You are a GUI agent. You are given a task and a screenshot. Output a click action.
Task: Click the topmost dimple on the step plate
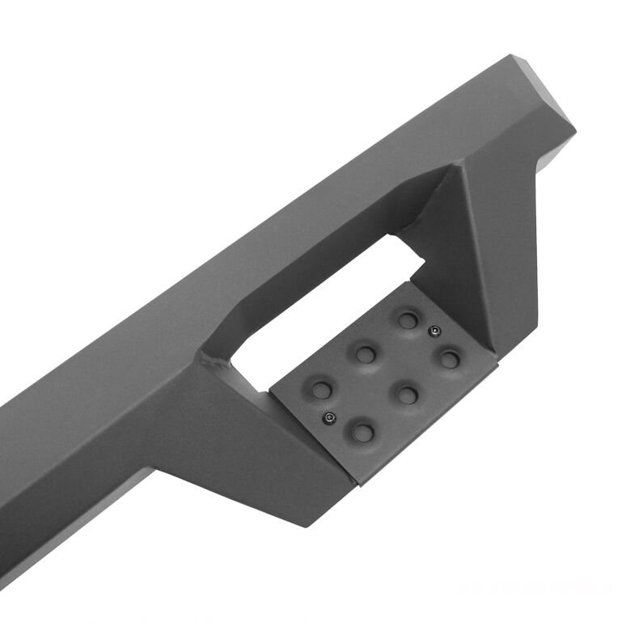pos(408,320)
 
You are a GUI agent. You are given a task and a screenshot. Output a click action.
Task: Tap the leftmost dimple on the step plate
pos(322,390)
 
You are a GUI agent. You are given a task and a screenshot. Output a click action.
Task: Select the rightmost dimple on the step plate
pos(450,358)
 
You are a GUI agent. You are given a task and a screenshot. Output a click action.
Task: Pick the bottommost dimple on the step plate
pos(363,432)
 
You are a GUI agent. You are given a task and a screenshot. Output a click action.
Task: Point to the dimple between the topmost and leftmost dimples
pos(366,354)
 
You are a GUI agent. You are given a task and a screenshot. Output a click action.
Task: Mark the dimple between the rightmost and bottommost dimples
pos(407,395)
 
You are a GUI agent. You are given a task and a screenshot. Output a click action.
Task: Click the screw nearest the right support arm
pos(434,330)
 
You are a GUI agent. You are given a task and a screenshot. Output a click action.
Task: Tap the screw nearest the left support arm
pos(329,417)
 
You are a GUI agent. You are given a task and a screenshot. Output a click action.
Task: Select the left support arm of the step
pos(243,429)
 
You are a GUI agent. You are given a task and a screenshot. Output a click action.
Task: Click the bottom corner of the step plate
pos(358,484)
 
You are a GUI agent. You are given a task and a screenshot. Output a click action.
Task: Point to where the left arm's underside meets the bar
pos(162,469)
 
